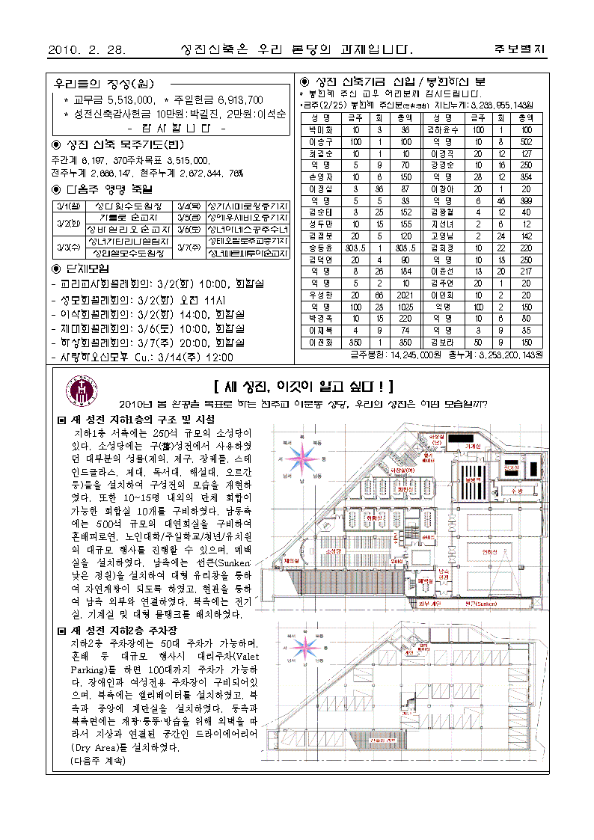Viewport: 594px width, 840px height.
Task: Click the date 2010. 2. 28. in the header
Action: click(86, 50)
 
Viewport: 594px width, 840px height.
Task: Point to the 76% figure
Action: click(236, 173)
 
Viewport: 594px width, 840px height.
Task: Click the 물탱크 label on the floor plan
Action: click(471, 479)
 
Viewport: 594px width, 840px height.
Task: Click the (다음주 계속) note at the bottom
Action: click(98, 760)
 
